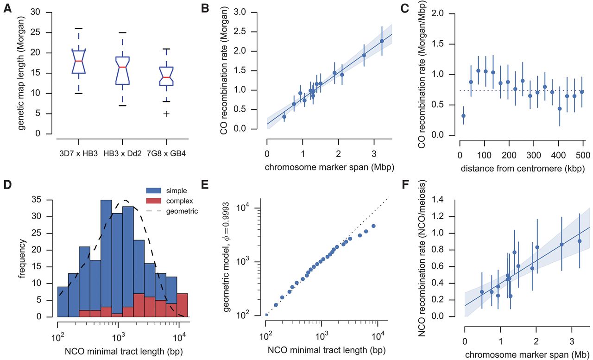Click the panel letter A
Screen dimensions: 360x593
8,9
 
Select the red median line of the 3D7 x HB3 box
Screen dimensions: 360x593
79,61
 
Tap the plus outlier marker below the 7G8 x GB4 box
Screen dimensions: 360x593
166,114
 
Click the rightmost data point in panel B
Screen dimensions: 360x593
382,41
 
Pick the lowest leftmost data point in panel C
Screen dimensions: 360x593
463,116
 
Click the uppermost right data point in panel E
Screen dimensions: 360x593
373,226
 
